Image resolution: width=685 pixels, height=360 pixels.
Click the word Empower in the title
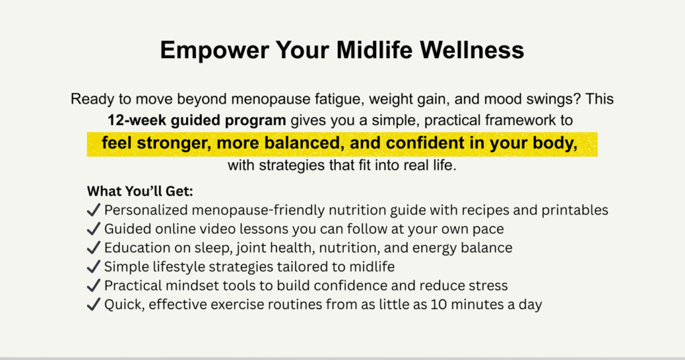(x=215, y=50)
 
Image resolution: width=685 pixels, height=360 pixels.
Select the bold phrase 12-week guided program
(x=197, y=120)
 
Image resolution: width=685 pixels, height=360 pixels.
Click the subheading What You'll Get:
(x=140, y=191)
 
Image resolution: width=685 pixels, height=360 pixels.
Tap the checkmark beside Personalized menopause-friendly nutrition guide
(x=94, y=210)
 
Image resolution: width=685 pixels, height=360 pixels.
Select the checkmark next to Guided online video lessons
(x=94, y=229)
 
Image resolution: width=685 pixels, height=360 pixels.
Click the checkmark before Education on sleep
(x=94, y=248)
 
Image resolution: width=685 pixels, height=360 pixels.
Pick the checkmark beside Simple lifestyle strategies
(x=94, y=266)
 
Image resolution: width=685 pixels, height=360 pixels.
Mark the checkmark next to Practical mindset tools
(x=94, y=286)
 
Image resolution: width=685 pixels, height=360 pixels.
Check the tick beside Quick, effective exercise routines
(x=94, y=304)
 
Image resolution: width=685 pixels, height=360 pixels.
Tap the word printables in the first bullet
(x=575, y=210)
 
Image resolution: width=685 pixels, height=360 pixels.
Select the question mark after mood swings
(x=577, y=99)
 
